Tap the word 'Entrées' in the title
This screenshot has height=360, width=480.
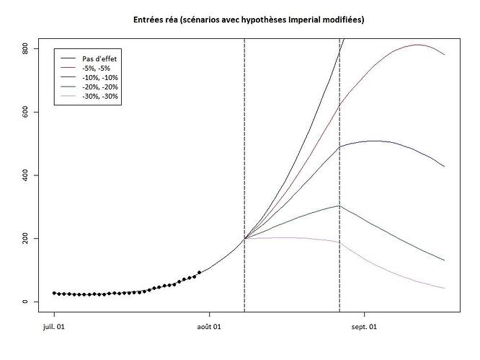tap(149, 19)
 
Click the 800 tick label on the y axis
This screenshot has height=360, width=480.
tap(25, 49)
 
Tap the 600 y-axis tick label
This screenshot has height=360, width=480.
tap(25, 112)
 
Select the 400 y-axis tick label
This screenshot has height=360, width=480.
tap(25, 175)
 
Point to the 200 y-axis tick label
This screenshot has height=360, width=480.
tap(25, 238)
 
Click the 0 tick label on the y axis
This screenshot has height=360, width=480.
tap(25, 302)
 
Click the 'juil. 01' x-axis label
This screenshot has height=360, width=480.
tap(54, 326)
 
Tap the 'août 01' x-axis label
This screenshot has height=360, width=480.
tap(210, 326)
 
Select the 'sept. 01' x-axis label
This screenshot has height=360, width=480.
tap(365, 326)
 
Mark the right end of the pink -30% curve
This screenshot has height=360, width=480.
tap(445, 289)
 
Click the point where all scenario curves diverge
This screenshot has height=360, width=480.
tap(244, 238)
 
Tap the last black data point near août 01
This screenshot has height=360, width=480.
tap(199, 272)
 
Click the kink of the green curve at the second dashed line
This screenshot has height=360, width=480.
tap(339, 206)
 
